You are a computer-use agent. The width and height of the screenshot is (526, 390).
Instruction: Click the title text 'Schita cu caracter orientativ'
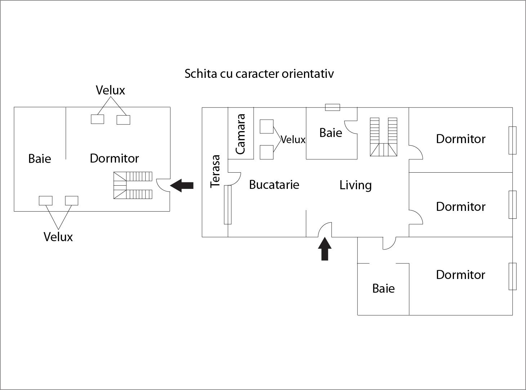(x=259, y=74)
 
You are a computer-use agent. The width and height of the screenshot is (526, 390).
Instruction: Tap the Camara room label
(x=240, y=134)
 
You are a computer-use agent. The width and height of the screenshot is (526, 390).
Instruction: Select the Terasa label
(x=215, y=171)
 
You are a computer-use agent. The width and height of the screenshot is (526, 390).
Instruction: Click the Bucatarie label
(x=274, y=185)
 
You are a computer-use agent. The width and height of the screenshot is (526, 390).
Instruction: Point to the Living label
(x=355, y=185)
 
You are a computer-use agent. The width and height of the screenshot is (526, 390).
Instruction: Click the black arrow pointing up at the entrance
(x=325, y=249)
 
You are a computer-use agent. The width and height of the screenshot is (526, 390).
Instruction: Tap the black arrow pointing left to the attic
(x=182, y=186)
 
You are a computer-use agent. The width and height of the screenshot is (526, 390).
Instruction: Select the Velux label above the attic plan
(x=110, y=90)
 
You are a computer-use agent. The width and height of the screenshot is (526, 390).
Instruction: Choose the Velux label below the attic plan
(x=58, y=237)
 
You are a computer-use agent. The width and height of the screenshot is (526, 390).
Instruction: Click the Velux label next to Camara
(x=293, y=139)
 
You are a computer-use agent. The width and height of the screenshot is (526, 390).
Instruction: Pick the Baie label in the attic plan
(x=40, y=159)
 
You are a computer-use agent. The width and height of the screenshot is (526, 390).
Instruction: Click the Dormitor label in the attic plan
(x=114, y=158)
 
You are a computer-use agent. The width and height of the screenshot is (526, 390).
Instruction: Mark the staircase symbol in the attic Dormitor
(x=133, y=185)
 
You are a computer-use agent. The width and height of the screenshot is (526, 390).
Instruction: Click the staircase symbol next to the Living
(x=384, y=137)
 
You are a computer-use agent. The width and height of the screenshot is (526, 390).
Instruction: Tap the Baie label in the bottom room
(x=383, y=288)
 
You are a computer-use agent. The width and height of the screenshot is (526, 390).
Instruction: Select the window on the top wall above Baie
(x=332, y=107)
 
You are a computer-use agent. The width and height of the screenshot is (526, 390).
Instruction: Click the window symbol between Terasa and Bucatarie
(x=228, y=205)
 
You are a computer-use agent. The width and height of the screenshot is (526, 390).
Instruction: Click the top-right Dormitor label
(x=460, y=139)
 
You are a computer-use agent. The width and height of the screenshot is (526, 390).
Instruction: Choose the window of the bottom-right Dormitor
(x=512, y=276)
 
